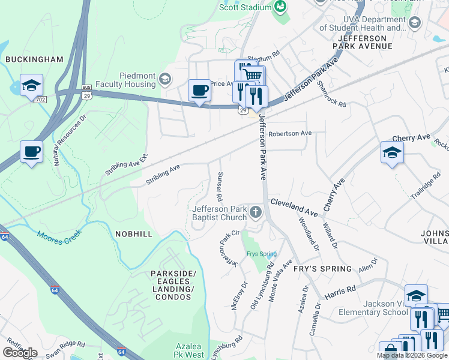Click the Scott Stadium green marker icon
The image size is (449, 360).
pyautogui.click(x=280, y=6)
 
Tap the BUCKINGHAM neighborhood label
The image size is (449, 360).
pyautogui.click(x=34, y=59)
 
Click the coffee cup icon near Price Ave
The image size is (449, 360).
pyautogui.click(x=199, y=91)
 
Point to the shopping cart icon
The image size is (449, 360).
pyautogui.click(x=253, y=75)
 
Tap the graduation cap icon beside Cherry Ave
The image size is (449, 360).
pyautogui.click(x=392, y=152)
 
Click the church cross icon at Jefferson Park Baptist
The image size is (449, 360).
pyautogui.click(x=256, y=212)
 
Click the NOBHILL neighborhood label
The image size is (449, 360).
pyautogui.click(x=128, y=236)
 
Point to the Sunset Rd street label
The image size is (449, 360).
pyautogui.click(x=220, y=186)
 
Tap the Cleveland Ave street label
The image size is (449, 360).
pyautogui.click(x=294, y=208)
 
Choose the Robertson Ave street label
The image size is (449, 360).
pyautogui.click(x=291, y=133)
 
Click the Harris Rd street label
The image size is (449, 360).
pyautogui.click(x=340, y=292)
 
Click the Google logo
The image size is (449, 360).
pyautogui.click(x=20, y=353)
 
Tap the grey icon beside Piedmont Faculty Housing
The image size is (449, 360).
pyautogui.click(x=165, y=79)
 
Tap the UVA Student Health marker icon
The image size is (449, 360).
pyautogui.click(x=414, y=23)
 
